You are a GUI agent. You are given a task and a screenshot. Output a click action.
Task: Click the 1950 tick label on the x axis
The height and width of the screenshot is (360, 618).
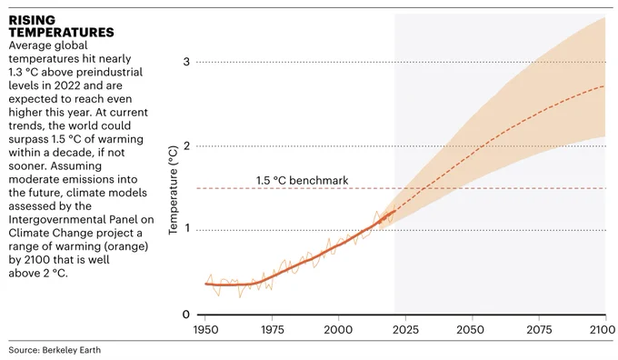[205, 329]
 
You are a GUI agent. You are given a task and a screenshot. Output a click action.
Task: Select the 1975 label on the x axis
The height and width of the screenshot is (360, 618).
[273, 329]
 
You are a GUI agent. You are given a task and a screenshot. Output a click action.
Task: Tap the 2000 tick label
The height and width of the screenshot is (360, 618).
[338, 329]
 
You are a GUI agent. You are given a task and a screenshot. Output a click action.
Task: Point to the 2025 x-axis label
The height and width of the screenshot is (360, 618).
[405, 329]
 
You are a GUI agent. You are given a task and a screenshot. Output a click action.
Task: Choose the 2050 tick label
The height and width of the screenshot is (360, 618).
[472, 329]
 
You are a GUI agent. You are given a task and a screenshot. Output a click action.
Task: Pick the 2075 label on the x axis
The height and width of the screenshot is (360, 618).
[538, 329]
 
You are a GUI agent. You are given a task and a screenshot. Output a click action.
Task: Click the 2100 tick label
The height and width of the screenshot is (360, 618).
[603, 329]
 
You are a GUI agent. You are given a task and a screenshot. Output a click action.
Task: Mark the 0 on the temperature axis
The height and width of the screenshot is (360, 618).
[186, 315]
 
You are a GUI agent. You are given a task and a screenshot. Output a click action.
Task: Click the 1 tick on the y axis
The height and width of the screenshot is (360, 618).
[187, 228]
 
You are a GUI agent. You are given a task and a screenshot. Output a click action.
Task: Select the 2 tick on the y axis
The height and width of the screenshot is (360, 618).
[186, 145]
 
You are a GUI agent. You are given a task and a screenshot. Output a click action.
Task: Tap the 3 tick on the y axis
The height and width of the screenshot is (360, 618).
[186, 62]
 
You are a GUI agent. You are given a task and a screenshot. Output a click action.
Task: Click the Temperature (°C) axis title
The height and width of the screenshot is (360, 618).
[173, 190]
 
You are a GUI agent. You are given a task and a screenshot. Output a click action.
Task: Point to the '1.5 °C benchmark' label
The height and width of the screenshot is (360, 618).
[303, 181]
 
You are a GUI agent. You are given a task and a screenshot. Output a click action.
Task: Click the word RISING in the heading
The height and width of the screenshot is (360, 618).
[32, 20]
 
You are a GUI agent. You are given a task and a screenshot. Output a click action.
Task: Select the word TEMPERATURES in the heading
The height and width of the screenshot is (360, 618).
[62, 33]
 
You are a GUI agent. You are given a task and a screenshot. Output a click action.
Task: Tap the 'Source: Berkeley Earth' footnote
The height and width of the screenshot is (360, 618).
[55, 350]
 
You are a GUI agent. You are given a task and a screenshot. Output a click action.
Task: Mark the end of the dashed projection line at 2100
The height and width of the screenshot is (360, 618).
[605, 85]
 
